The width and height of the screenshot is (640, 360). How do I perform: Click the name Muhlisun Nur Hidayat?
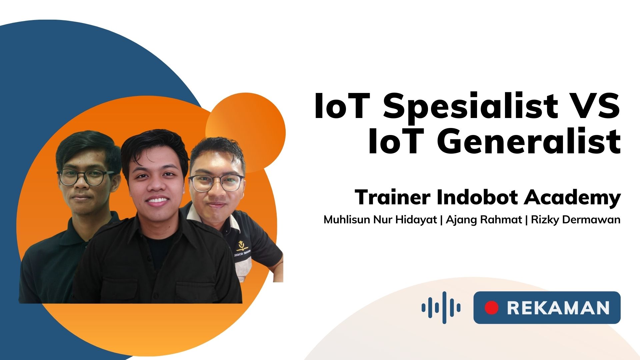380,220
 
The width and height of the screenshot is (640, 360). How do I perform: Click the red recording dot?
491,308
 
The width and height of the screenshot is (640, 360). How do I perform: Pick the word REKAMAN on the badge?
558,308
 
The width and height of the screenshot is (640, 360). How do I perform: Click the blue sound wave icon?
441,307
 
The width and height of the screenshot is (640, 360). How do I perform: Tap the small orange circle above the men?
246,133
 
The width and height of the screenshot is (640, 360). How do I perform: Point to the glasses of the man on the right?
217,183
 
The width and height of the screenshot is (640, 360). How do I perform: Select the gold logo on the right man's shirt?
241,246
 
